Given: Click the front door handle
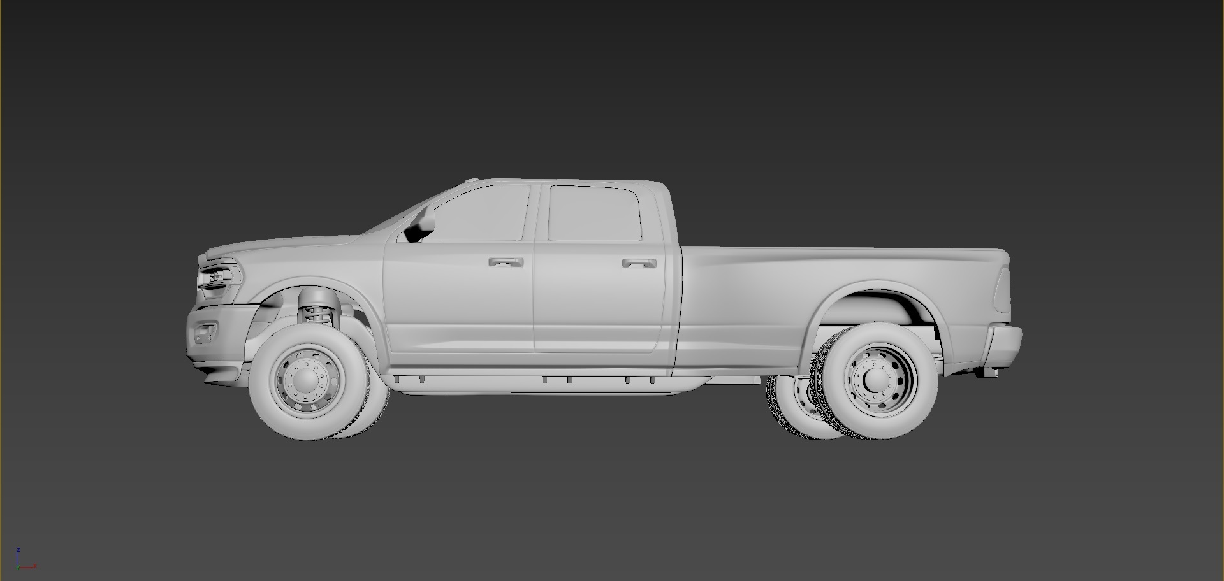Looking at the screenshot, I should pyautogui.click(x=506, y=262).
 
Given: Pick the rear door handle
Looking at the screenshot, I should pyautogui.click(x=639, y=262).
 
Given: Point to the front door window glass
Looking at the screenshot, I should pyautogui.click(x=481, y=214).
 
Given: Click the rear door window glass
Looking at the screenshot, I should pyautogui.click(x=594, y=213).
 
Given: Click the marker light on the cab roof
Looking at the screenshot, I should pyautogui.click(x=472, y=180).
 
